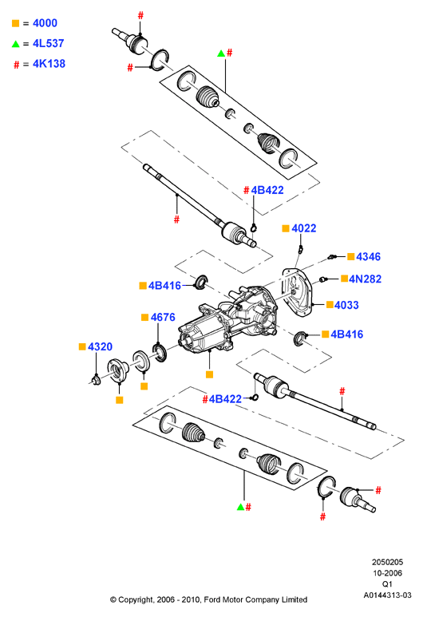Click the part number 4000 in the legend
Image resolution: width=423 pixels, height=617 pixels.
point(45,23)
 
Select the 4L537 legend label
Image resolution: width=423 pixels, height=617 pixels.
point(49,43)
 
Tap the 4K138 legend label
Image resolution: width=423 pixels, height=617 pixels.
point(49,64)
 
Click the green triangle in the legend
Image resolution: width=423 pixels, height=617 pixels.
point(16,44)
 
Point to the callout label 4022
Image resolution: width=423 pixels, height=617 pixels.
point(304,228)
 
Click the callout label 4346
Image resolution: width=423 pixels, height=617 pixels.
point(368,256)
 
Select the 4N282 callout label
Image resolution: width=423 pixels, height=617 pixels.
point(366,279)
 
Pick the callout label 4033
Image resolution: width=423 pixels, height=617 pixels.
point(346,305)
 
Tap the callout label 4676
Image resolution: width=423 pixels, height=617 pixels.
point(163,317)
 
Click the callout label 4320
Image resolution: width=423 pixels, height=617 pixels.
point(100,346)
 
